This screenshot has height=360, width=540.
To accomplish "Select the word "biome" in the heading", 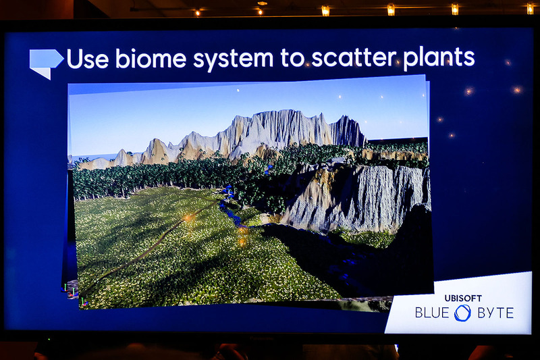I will coord(151,59).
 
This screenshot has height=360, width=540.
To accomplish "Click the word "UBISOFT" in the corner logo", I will coord(463,297).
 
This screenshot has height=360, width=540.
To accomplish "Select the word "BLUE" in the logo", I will coord(433,313).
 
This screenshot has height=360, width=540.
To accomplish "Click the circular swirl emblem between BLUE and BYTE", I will coord(463,313).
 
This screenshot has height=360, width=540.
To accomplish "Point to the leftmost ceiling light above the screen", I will coord(197,11).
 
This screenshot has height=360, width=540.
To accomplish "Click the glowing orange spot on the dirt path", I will coord(188,217).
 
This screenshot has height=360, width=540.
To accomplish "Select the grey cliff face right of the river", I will coord(364,196).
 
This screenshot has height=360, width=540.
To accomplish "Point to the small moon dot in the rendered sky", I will coord(237,91).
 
